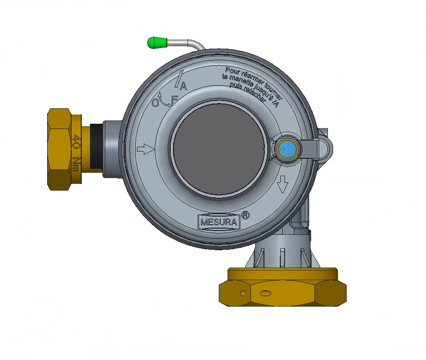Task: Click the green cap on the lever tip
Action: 156,43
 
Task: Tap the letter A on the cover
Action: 183,87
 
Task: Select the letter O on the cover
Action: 155,103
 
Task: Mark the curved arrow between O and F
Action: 164,101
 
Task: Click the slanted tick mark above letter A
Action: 180,77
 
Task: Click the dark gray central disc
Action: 219,149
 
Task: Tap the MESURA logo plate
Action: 218,222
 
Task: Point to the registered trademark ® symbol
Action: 245,216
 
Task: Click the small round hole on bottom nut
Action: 243,293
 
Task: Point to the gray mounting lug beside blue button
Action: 323,147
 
